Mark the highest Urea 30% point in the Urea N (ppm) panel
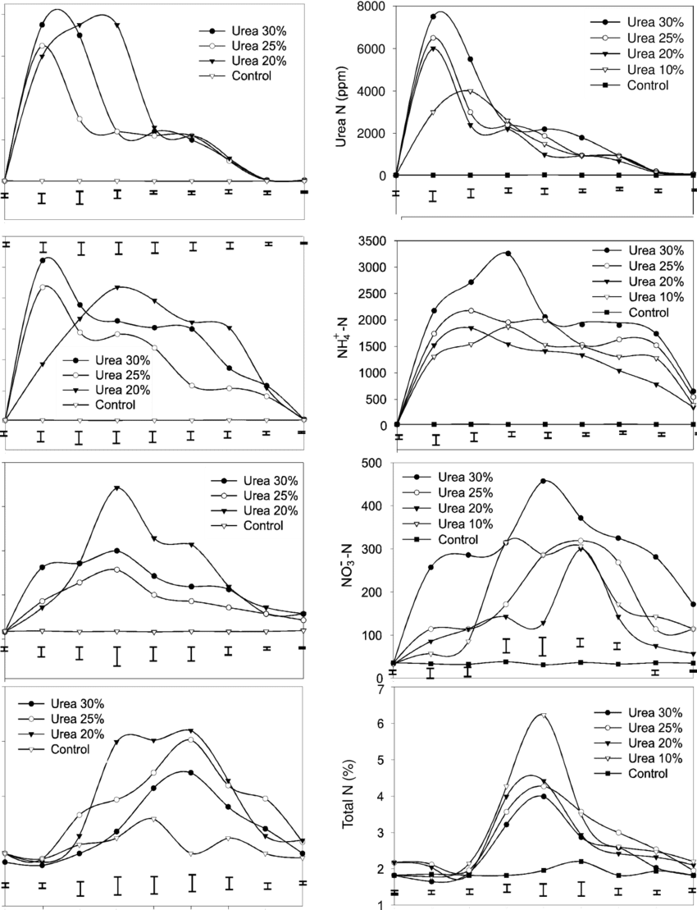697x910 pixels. pos(435,14)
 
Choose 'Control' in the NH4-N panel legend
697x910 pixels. pos(647,312)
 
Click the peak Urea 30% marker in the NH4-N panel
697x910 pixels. pos(508,254)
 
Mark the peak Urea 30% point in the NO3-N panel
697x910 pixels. pos(544,481)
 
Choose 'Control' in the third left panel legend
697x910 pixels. pos(262,525)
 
